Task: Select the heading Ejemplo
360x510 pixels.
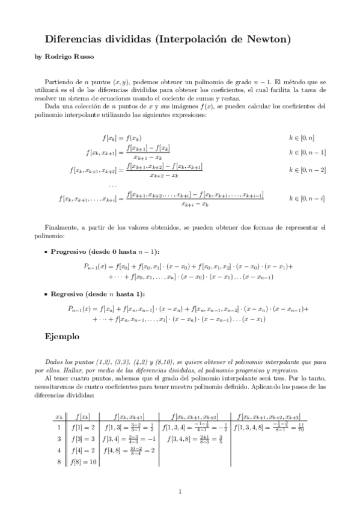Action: [62, 338]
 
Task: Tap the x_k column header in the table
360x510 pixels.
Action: [58, 417]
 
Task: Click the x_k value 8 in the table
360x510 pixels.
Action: [58, 461]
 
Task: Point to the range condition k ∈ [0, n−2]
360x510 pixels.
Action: [307, 170]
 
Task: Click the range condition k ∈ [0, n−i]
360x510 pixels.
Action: [307, 197]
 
